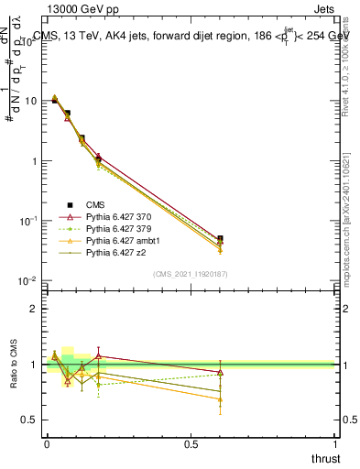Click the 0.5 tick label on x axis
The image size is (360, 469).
tap(191, 443)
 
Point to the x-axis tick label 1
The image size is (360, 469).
tap(335, 443)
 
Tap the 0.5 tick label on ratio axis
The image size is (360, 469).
tap(29, 420)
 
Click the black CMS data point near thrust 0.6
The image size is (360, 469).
tap(220, 239)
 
